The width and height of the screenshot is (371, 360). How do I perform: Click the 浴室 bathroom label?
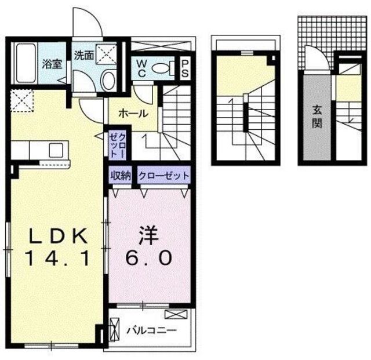(52, 64)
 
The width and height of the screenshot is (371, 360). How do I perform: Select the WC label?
(141, 68)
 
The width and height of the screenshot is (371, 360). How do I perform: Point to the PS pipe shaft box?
(185, 68)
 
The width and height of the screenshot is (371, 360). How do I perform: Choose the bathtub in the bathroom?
(26, 63)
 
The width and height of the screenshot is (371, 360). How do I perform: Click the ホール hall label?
(133, 114)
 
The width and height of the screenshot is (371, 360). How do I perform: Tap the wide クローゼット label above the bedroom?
(164, 176)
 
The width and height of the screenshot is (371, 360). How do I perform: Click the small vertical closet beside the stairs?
(117, 146)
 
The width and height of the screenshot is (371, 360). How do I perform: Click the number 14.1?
(57, 258)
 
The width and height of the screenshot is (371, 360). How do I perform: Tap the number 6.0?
(148, 257)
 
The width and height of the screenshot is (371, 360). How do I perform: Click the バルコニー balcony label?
(151, 330)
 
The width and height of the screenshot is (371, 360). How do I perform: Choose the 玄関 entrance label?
(317, 117)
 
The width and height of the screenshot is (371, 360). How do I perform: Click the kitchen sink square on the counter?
(56, 151)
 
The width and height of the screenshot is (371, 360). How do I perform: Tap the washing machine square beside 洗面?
(106, 54)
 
